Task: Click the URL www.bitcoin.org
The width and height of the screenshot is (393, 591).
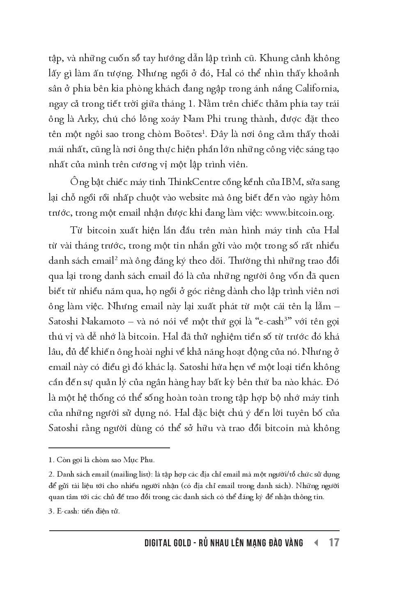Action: pos(300,213)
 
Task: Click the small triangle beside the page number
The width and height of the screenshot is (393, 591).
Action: pos(316,543)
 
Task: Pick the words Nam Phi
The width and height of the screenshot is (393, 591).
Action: pos(197,119)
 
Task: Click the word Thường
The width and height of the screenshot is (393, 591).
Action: pos(243,260)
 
